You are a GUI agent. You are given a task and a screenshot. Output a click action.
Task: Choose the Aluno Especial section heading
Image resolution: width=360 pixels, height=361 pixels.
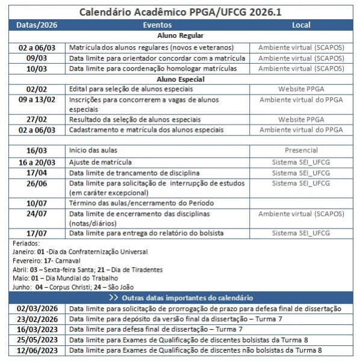[x=180, y=79]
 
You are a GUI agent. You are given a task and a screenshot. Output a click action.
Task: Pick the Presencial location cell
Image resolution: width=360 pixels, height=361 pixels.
[x=301, y=150]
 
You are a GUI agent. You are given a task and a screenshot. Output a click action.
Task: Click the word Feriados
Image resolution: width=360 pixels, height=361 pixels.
[x=26, y=243]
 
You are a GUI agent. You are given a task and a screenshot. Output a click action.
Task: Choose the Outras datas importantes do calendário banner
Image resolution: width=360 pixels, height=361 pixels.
[x=181, y=298]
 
